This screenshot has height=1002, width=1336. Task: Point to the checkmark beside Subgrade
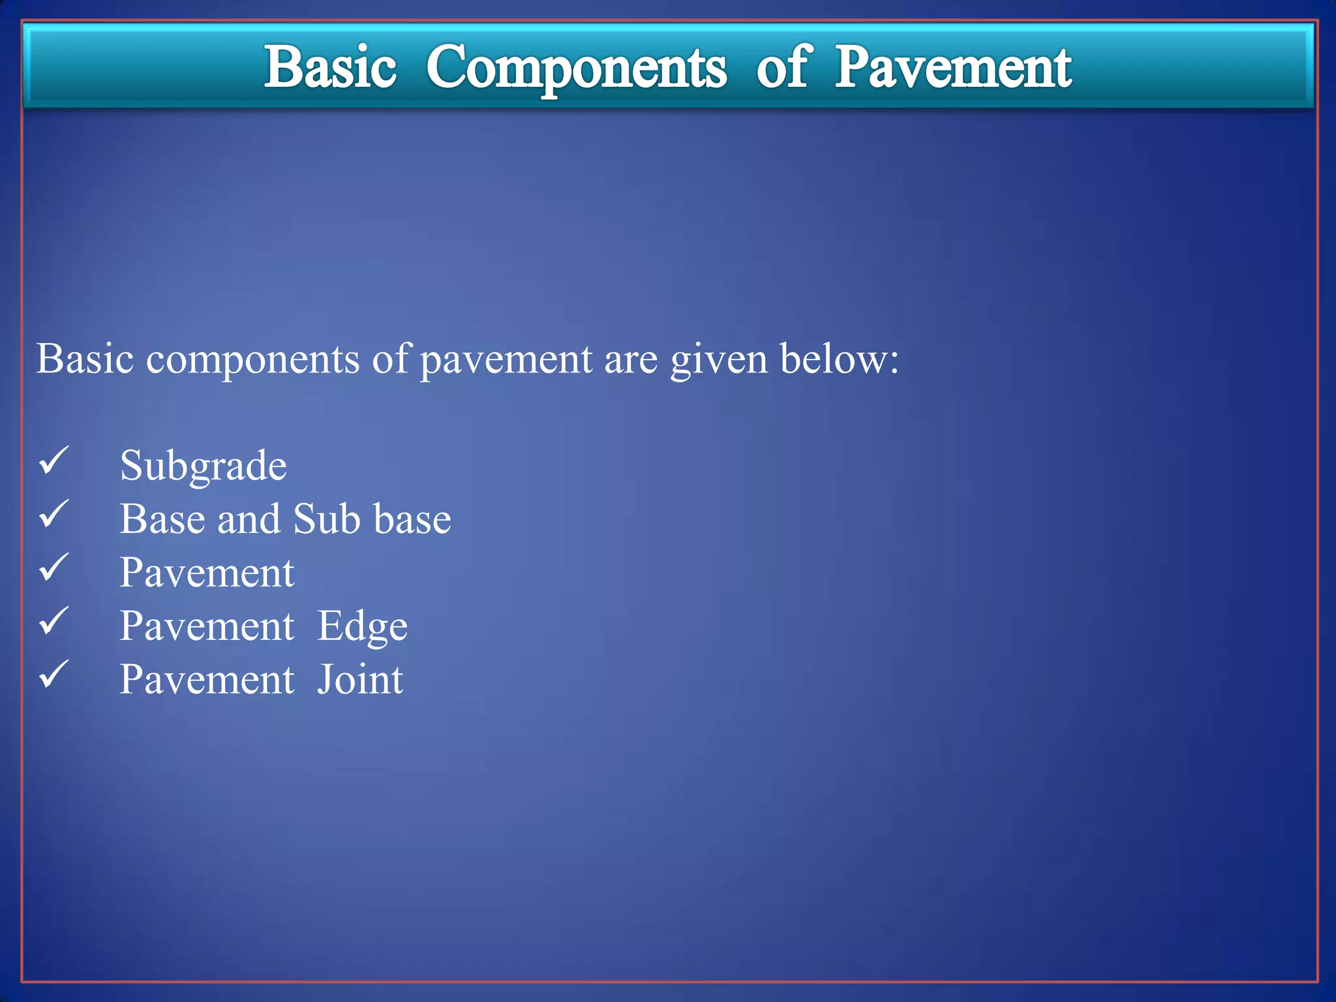tap(54, 461)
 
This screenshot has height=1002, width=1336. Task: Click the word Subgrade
tap(203, 466)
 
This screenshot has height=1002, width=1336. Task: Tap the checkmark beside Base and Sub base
tap(54, 515)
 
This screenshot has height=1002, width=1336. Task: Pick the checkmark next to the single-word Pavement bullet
tap(54, 568)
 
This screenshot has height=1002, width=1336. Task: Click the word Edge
tap(362, 627)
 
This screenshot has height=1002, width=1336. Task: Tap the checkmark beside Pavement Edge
tap(54, 622)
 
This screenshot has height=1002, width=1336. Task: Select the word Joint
tap(360, 680)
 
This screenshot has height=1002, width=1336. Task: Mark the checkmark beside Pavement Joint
tap(54, 675)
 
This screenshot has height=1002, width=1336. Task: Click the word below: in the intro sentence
tap(840, 359)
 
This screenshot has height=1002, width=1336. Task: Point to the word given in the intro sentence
tap(719, 360)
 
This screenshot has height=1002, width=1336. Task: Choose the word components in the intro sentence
tap(252, 360)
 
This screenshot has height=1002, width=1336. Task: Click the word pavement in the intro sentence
tap(506, 360)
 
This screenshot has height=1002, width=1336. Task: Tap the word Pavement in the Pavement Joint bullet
tap(207, 680)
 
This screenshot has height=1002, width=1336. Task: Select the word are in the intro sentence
tap(631, 360)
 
